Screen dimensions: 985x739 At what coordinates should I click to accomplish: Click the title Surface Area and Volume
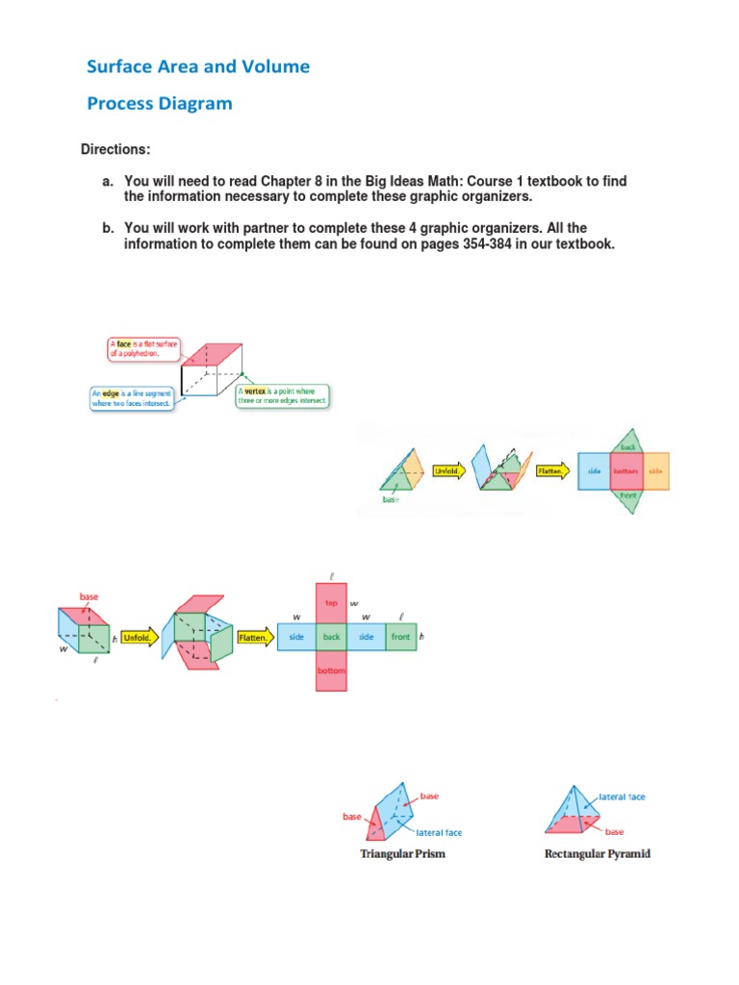198,66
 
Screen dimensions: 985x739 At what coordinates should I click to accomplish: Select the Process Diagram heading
159,103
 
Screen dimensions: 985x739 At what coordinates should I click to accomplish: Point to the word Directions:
115,150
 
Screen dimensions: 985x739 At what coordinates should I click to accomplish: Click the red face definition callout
141,348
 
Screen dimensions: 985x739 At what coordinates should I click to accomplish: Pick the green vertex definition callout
281,395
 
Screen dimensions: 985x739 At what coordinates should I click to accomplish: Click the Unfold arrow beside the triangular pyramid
448,470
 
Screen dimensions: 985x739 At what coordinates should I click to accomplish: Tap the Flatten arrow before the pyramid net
552,470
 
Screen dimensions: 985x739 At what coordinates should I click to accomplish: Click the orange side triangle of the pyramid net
656,470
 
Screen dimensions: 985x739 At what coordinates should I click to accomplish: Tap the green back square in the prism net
331,637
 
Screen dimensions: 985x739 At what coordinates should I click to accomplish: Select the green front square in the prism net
401,637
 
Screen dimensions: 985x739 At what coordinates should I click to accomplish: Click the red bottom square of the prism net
331,670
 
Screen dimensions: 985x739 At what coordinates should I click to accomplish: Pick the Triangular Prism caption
402,853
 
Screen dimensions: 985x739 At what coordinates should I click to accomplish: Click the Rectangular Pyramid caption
597,853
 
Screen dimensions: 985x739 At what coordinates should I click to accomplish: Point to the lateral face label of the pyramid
623,796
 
